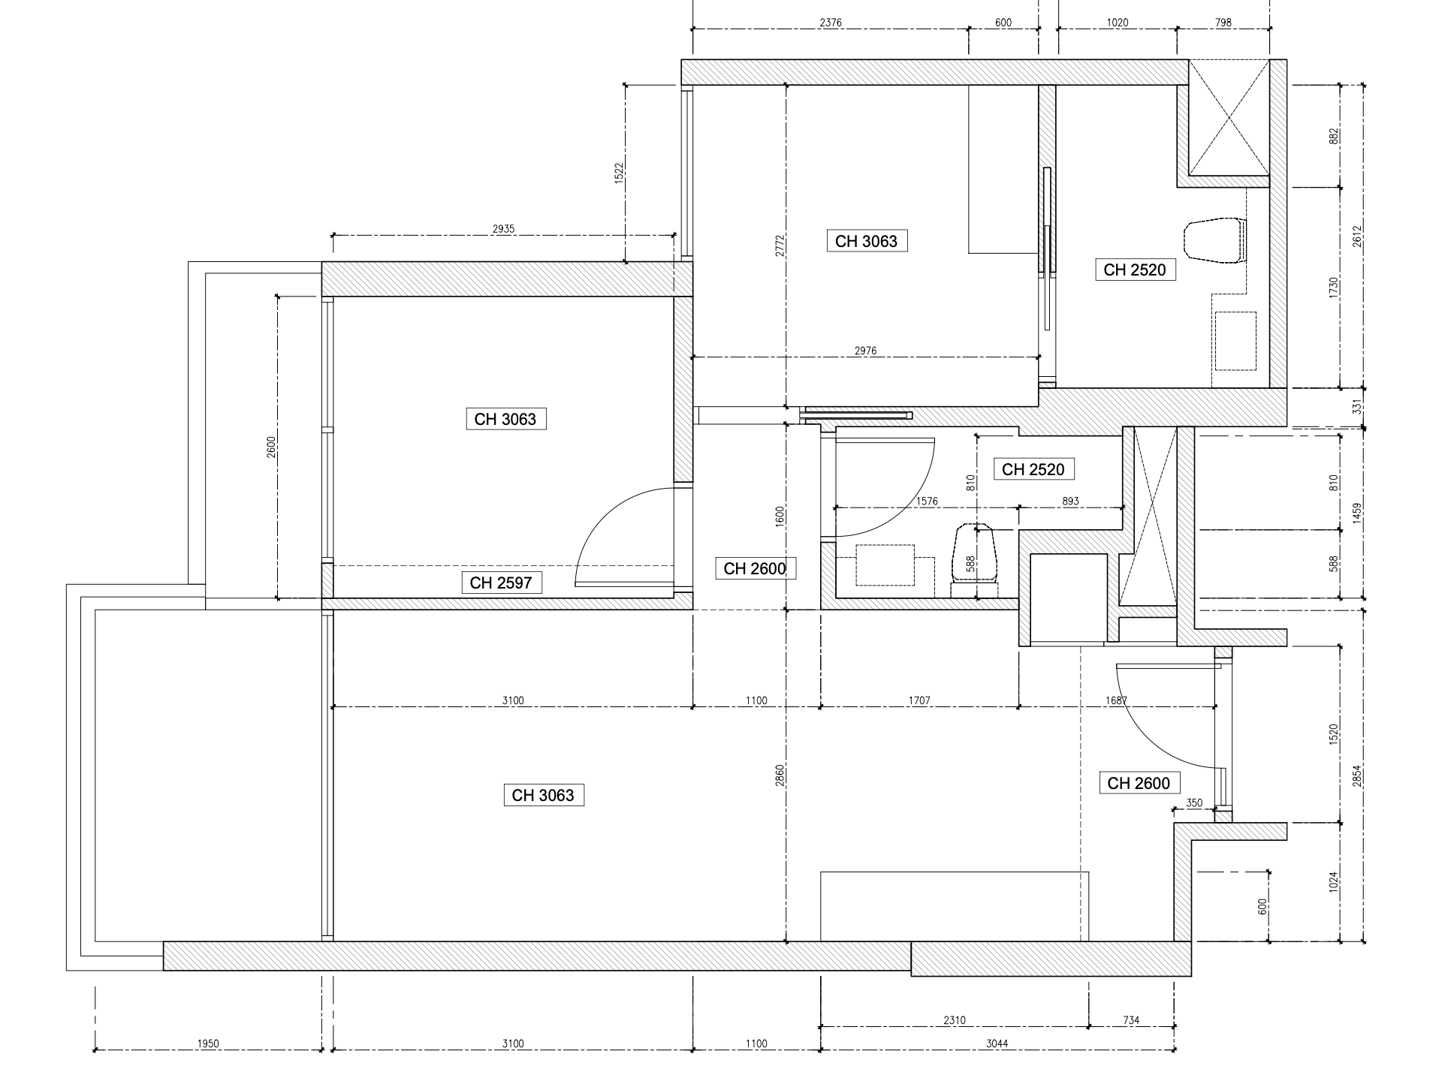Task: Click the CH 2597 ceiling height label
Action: (501, 583)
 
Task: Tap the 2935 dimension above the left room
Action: (503, 229)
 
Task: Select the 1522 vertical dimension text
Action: (620, 173)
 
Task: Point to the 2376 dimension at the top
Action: (830, 23)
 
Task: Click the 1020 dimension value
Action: (1118, 23)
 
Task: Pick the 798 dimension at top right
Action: (1223, 23)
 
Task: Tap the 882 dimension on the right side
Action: (1334, 137)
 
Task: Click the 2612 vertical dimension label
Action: (1356, 236)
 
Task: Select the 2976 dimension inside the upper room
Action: (865, 351)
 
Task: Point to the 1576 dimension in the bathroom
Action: (926, 501)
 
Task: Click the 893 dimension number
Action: (1070, 501)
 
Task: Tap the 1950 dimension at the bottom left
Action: (208, 1043)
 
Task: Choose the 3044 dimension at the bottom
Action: (997, 1043)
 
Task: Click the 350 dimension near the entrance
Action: (1194, 803)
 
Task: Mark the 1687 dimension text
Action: (1117, 700)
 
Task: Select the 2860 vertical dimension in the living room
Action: (780, 775)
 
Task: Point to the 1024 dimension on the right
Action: (1334, 881)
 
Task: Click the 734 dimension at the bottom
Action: (1131, 1020)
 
